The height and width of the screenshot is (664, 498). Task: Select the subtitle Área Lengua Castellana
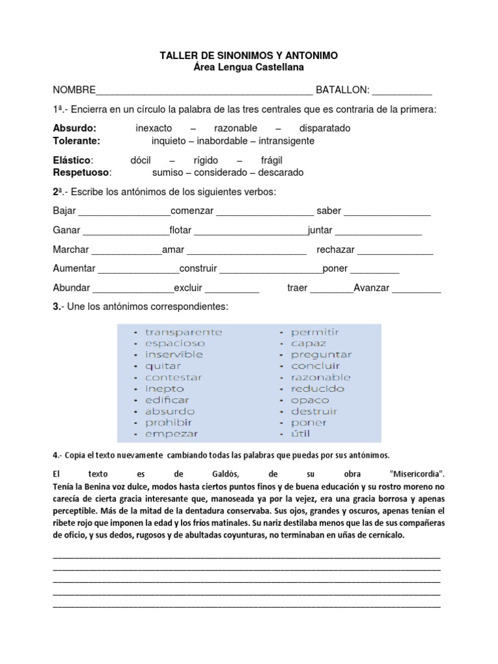click(248, 67)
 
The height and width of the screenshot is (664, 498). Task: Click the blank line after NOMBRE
click(204, 91)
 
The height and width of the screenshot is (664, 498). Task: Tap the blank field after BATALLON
click(402, 91)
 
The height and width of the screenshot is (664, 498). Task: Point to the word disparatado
click(325, 128)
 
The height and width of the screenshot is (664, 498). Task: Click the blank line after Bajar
click(124, 212)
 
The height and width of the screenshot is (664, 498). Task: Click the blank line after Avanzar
click(417, 289)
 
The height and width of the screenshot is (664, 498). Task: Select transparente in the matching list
click(184, 332)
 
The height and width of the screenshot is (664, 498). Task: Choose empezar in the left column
click(171, 434)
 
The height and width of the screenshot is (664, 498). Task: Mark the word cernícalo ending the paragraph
click(381, 536)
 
